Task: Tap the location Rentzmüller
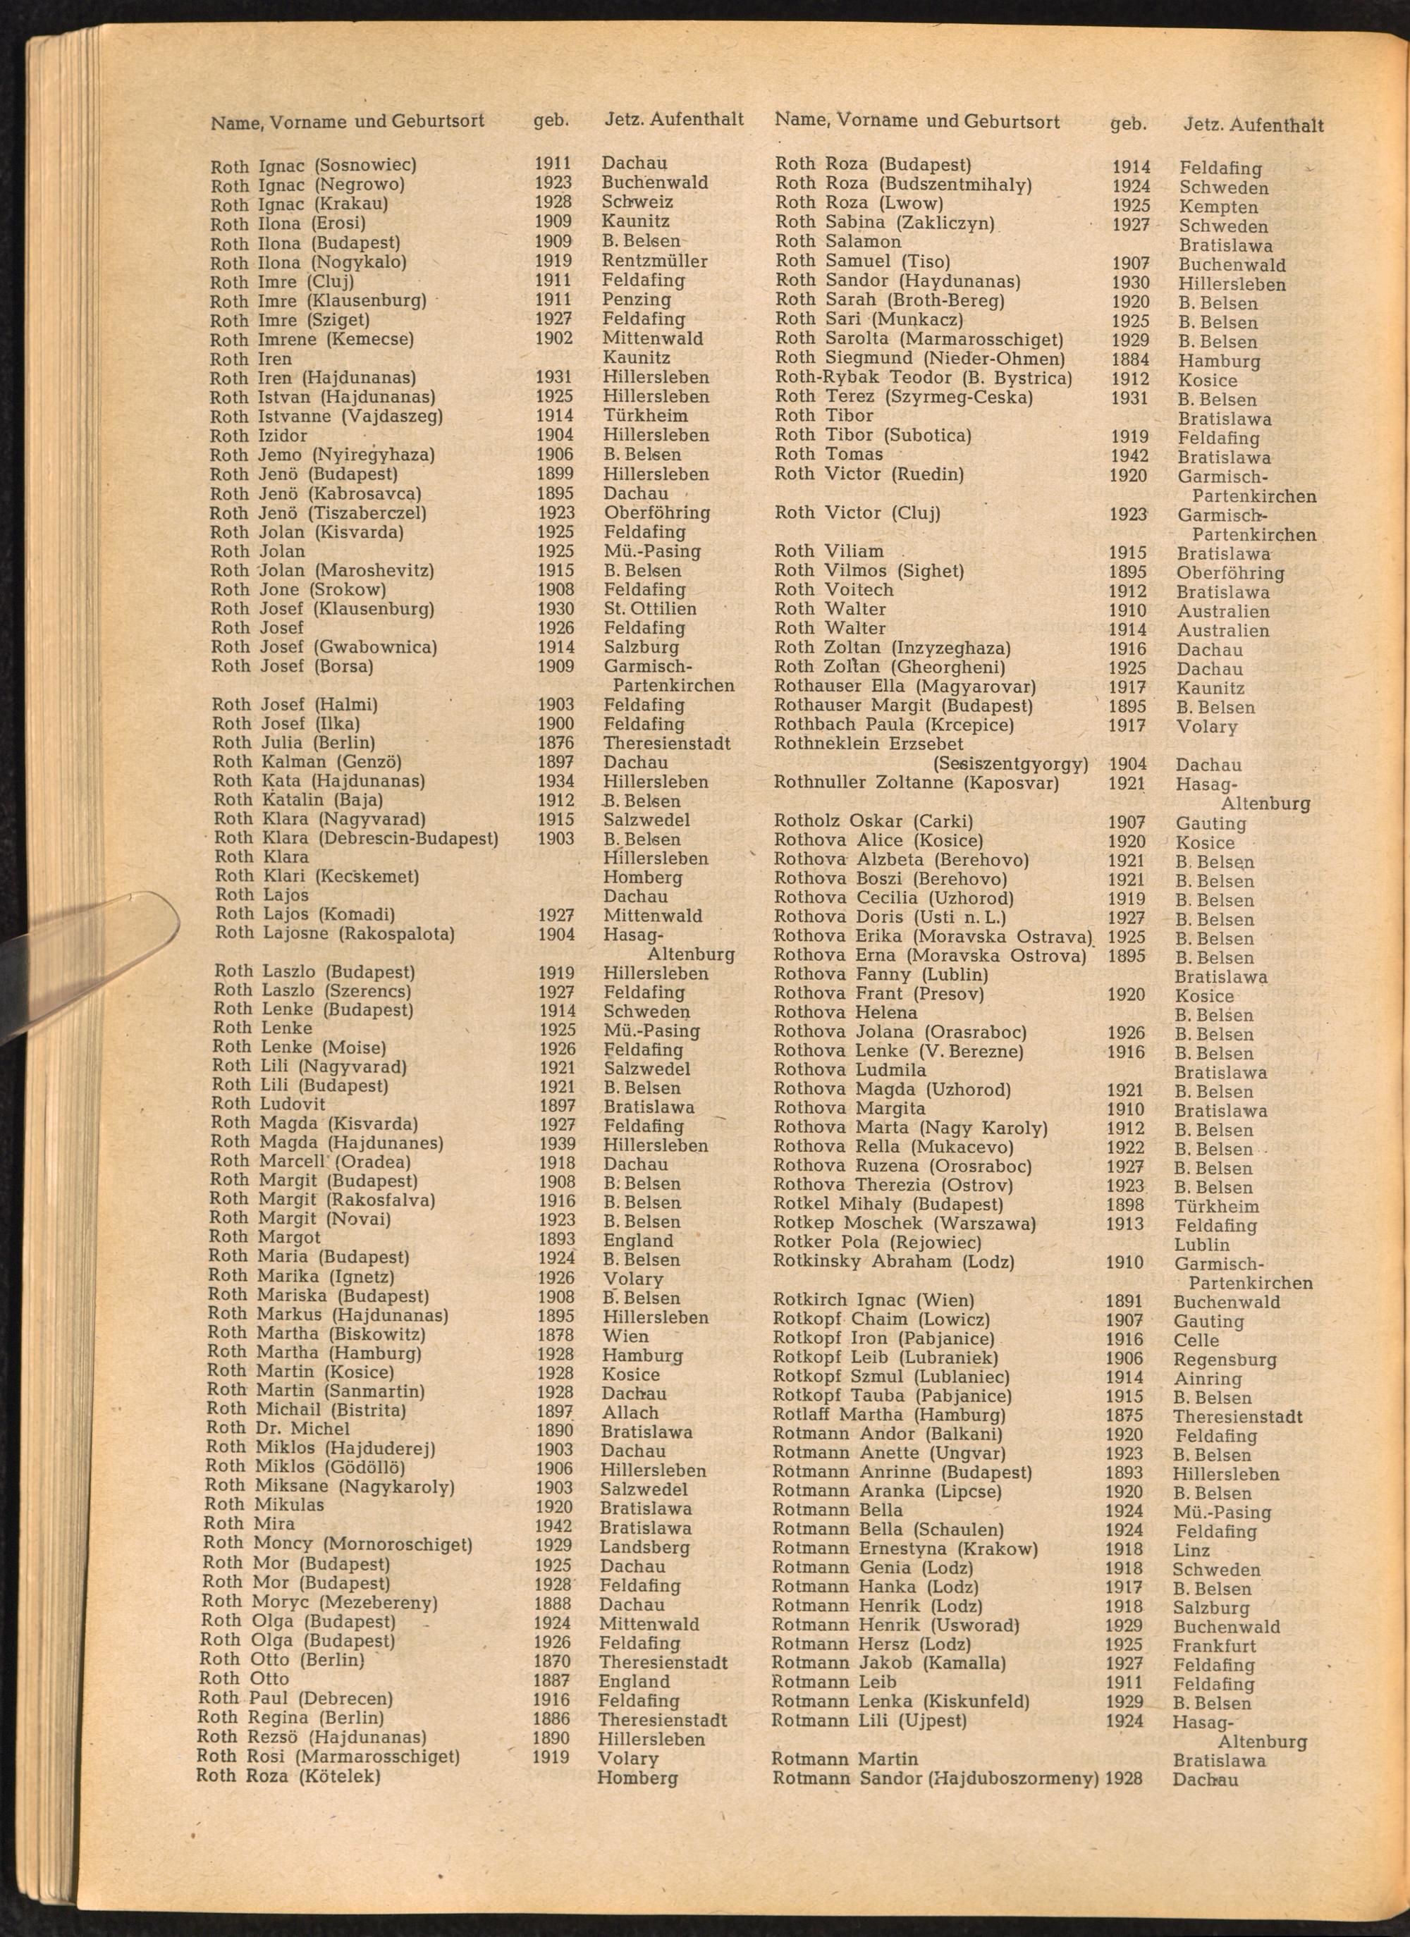click(654, 261)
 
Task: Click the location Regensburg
click(1225, 1360)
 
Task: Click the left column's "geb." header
click(551, 121)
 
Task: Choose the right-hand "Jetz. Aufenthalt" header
click(1253, 125)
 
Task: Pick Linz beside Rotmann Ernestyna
click(1191, 1550)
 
